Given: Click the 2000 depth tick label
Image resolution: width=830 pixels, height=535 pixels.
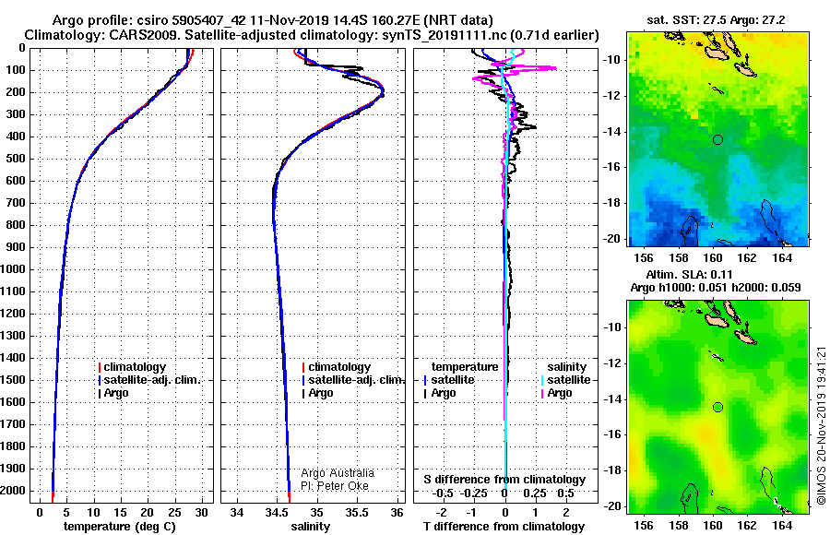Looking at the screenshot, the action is pyautogui.click(x=13, y=491).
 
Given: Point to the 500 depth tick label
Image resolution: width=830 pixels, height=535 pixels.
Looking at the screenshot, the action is pyautogui.click(x=16, y=159).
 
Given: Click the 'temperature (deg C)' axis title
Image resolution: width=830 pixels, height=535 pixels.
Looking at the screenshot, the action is pyautogui.click(x=119, y=527).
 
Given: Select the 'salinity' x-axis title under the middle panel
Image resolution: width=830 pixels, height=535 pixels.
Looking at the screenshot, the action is pyautogui.click(x=310, y=527).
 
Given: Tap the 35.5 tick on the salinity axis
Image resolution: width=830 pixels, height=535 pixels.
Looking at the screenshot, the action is pyautogui.click(x=356, y=512).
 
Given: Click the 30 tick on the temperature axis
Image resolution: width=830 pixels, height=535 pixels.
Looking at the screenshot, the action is pyautogui.click(x=201, y=512).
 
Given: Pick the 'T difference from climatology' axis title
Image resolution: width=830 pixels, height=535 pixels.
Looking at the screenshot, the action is pyautogui.click(x=504, y=527).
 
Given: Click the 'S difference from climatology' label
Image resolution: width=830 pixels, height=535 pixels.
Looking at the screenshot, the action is pyautogui.click(x=504, y=480).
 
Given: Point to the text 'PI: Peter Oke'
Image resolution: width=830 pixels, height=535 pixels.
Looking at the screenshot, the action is pyautogui.click(x=335, y=486).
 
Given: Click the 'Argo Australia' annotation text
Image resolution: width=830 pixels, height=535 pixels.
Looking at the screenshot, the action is pyautogui.click(x=338, y=473).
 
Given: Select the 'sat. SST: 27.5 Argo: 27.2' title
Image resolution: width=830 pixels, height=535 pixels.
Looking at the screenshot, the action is pyautogui.click(x=716, y=20).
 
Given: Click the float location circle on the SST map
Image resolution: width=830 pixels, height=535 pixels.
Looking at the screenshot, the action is pyautogui.click(x=717, y=140).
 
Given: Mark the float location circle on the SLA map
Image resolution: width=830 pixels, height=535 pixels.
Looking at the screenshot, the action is pyautogui.click(x=717, y=408).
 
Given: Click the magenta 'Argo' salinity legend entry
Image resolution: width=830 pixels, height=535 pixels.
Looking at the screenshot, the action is pyautogui.click(x=556, y=393).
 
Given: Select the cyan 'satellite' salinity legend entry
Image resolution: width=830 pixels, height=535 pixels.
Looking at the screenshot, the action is pyautogui.click(x=565, y=380).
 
